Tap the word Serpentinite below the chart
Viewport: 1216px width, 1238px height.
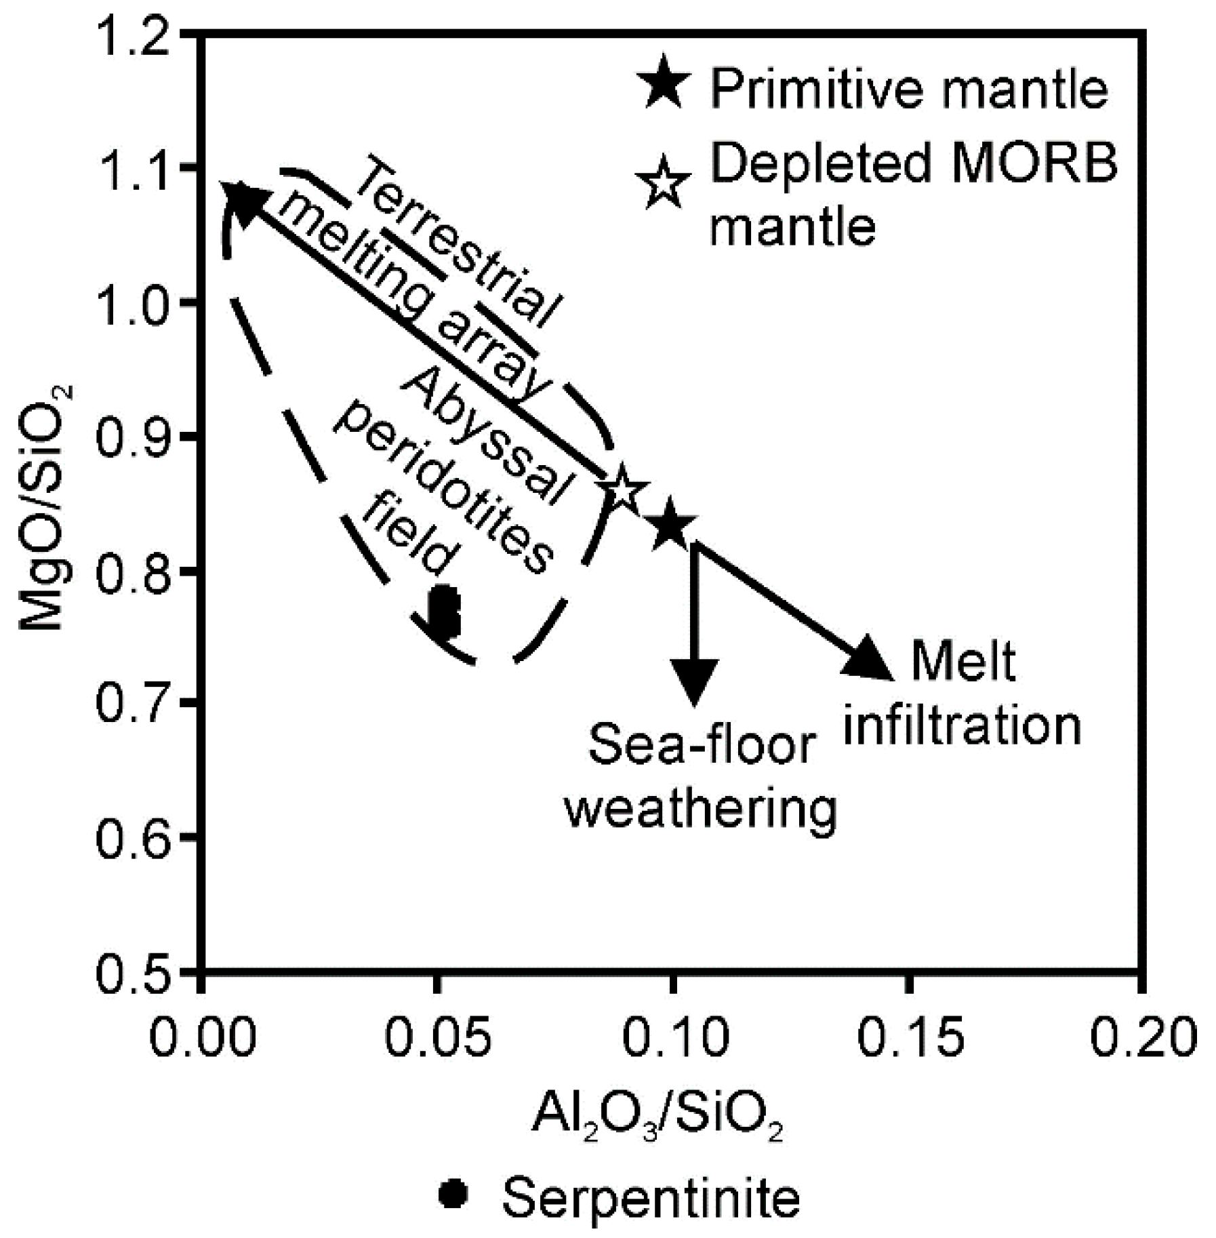[650, 1197]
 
